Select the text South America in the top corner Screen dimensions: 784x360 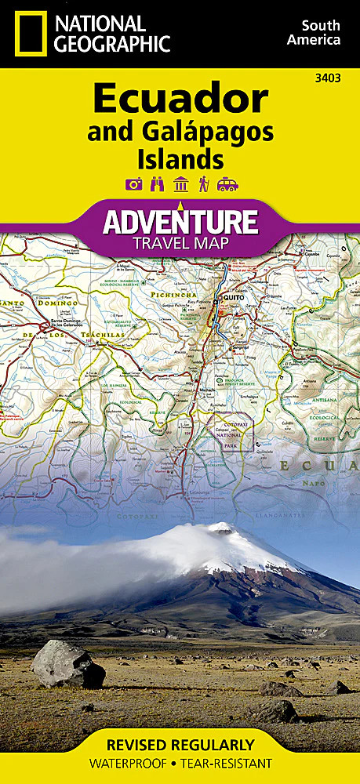314,32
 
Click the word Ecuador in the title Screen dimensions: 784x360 180,100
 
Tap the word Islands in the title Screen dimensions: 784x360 180,159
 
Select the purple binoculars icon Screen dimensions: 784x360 157,185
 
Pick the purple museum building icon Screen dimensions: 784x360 180,185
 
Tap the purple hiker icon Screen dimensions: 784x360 203,185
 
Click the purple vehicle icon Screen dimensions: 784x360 227,185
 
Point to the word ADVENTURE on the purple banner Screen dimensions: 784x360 180,221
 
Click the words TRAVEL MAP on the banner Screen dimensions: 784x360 180,243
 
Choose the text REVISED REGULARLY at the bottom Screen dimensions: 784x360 180,745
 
